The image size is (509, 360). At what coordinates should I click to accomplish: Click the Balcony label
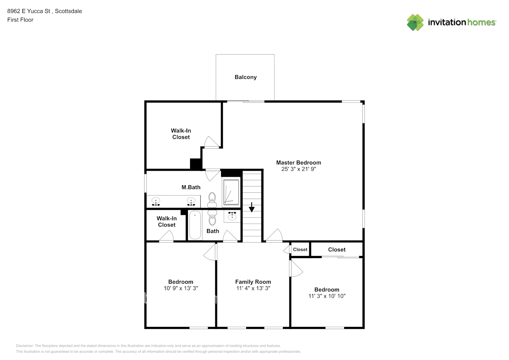[x=246, y=77]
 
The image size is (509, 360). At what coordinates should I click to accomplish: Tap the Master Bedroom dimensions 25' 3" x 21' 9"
[x=298, y=169]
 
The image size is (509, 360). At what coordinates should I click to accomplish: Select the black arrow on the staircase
[x=252, y=207]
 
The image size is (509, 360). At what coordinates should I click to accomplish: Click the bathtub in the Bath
[x=195, y=225]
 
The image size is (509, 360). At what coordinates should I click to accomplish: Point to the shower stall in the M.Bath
[x=231, y=192]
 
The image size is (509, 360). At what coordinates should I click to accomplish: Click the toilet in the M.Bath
[x=212, y=200]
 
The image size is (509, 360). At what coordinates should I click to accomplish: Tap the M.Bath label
[x=191, y=187]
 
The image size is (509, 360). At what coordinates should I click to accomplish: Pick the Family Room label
[x=253, y=282]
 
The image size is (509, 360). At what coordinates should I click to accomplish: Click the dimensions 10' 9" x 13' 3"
[x=181, y=288]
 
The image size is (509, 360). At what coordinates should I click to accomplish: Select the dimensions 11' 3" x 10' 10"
[x=327, y=296]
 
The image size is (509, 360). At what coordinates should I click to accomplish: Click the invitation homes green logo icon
[x=415, y=22]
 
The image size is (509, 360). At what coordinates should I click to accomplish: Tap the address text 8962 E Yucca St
[x=29, y=11]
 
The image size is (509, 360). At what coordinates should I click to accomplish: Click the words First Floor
[x=20, y=20]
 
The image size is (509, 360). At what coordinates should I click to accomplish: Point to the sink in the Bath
[x=232, y=216]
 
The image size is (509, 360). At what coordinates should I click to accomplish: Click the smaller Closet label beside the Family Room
[x=300, y=249]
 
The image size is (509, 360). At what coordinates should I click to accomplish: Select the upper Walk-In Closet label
[x=181, y=134]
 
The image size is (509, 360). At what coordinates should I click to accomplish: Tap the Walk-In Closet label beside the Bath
[x=167, y=222]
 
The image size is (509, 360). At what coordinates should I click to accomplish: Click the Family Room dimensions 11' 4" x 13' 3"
[x=253, y=288]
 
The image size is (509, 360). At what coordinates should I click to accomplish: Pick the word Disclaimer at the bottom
[x=24, y=346]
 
